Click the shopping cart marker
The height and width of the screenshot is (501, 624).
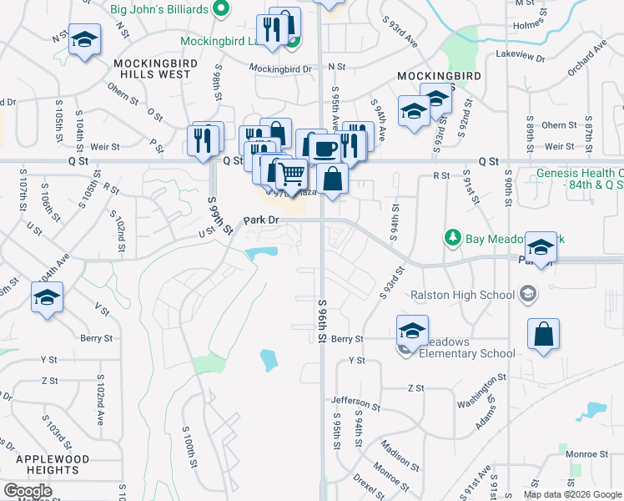pyautogui.click(x=290, y=175)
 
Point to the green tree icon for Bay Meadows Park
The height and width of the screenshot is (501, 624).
pyautogui.click(x=453, y=238)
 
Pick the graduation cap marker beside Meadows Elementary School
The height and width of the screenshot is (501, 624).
pyautogui.click(x=412, y=330)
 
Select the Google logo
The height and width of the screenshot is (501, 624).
pyautogui.click(x=28, y=491)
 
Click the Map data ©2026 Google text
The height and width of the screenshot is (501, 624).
pyautogui.click(x=571, y=494)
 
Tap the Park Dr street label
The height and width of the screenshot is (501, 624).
pyautogui.click(x=260, y=220)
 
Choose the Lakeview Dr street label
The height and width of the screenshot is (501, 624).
pyautogui.click(x=521, y=58)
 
